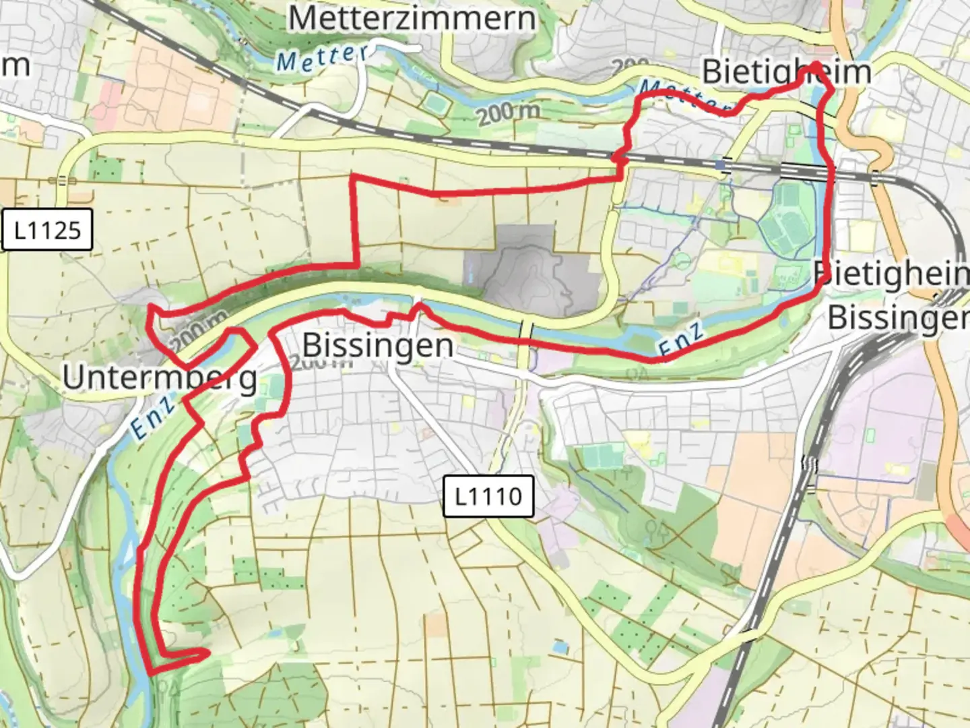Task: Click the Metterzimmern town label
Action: tap(412, 18)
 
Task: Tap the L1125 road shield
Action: tap(47, 231)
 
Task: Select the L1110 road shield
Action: tap(488, 496)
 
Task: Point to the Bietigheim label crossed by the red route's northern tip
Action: tap(786, 71)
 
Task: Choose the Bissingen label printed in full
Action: tap(377, 345)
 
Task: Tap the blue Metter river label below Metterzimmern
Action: tap(322, 58)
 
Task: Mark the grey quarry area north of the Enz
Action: tap(532, 270)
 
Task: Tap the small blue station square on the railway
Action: tap(721, 164)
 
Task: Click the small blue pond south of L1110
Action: tap(558, 647)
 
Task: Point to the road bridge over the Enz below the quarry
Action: tap(526, 330)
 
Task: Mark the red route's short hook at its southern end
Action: tap(195, 653)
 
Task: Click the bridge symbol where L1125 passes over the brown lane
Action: tap(62, 180)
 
